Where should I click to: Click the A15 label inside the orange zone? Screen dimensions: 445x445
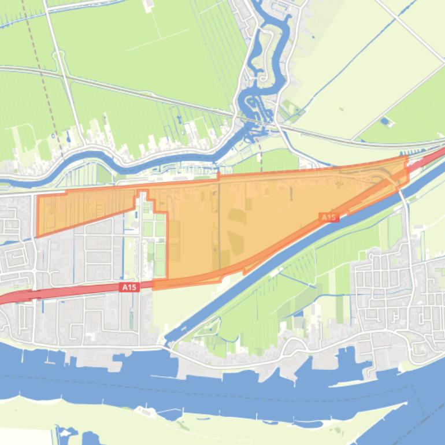click(x=328, y=217)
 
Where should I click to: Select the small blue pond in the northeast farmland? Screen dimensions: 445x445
click(x=385, y=122)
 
